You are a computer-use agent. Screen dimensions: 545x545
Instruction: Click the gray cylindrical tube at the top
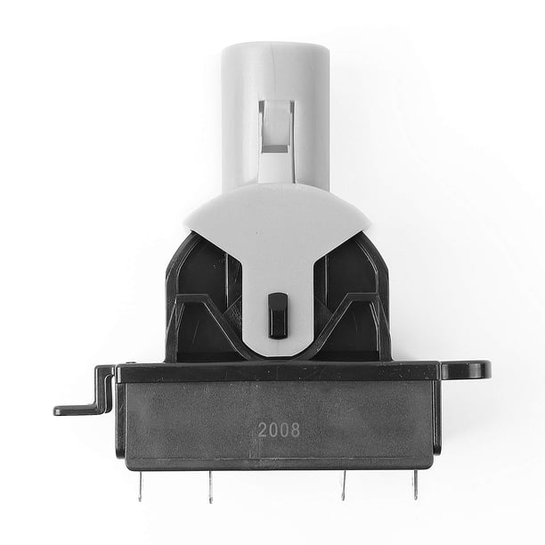click(275, 115)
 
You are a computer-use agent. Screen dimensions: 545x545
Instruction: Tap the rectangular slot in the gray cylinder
click(277, 127)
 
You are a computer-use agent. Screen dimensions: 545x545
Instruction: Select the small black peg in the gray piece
click(278, 315)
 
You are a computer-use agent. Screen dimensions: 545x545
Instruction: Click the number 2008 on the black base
click(279, 430)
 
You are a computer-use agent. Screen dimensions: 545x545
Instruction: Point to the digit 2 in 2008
click(263, 430)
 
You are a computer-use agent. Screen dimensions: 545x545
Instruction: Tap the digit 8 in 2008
click(295, 430)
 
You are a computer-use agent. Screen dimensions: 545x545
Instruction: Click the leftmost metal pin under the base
click(140, 485)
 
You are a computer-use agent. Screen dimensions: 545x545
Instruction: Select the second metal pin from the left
click(210, 487)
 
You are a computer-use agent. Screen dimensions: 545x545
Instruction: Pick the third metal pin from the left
click(343, 485)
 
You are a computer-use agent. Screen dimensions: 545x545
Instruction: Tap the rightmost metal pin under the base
click(415, 484)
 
